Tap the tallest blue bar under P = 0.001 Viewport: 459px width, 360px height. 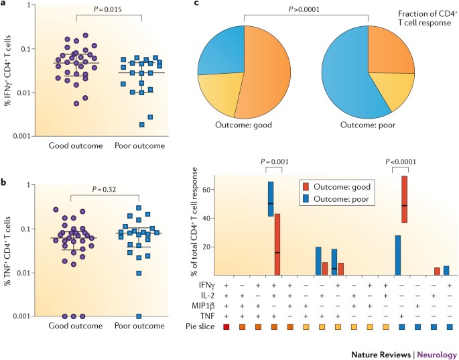pos(270,198)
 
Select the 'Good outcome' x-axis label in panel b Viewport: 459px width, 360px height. pos(74,326)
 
